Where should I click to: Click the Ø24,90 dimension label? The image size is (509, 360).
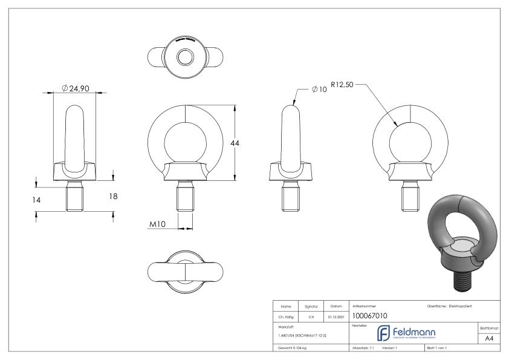coord(76,88)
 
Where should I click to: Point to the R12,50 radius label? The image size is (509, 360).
coord(342,85)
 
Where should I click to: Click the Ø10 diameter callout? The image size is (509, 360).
coord(320,89)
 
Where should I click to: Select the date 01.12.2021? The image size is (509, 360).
coord(337,316)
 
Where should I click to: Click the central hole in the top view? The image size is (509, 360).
coord(183,57)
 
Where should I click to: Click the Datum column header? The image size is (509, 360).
coord(337,307)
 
